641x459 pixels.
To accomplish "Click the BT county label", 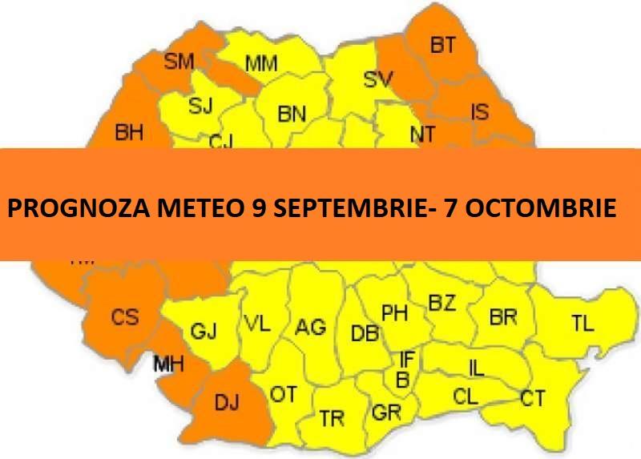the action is click(442, 46).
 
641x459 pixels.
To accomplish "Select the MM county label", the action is click(261, 63).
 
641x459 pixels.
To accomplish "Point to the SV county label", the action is click(381, 79).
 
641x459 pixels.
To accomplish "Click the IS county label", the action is click(479, 111).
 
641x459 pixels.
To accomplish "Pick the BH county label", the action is click(129, 133).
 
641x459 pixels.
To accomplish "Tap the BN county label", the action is click(292, 115).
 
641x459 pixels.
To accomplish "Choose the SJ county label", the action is click(200, 106).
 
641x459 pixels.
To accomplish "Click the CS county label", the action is click(124, 317).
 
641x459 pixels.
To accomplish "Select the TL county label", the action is click(583, 324).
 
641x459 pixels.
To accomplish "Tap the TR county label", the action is click(332, 418).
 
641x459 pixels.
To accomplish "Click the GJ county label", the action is click(204, 331).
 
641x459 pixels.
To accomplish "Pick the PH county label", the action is click(393, 312).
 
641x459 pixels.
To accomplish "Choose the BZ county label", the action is click(442, 303).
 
